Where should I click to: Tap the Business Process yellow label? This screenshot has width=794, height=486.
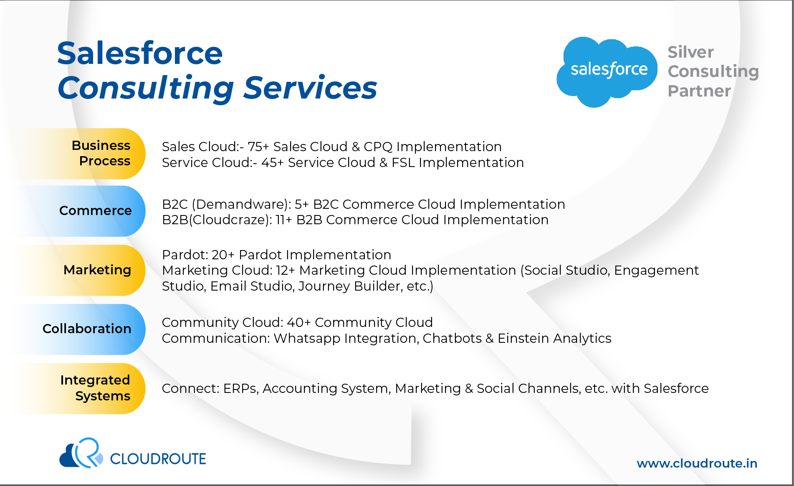[x=79, y=154]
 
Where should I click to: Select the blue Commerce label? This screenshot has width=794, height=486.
[x=79, y=211]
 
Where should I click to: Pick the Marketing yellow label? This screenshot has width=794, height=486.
[x=79, y=270]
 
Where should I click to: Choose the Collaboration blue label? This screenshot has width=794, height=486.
[x=79, y=329]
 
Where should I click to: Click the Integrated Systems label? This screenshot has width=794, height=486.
[x=79, y=388]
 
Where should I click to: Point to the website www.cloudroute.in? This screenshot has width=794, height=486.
[x=697, y=463]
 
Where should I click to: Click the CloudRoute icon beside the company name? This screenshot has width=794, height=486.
[x=81, y=453]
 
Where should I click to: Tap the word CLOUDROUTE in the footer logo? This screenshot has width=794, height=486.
[x=158, y=459]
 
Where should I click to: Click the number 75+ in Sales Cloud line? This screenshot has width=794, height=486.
[x=258, y=147]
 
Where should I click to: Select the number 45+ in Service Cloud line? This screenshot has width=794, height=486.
[x=273, y=162]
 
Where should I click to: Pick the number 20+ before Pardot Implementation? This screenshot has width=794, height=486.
[x=223, y=255]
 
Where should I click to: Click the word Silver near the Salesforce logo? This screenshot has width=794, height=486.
[x=691, y=52]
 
